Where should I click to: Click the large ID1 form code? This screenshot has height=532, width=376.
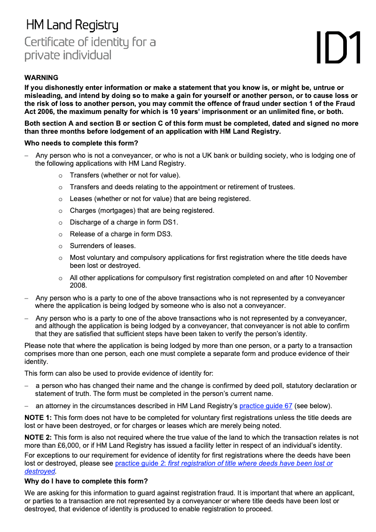[x=337, y=48]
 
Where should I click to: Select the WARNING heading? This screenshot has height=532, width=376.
[x=41, y=78]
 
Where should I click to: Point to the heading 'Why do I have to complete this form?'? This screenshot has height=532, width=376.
[x=86, y=481]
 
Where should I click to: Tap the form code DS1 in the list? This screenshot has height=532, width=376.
[x=169, y=222]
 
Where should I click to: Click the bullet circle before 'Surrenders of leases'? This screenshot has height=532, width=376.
[x=60, y=246]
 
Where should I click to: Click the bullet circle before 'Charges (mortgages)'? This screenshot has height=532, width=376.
[x=60, y=211]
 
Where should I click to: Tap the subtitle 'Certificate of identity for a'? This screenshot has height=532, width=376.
[x=90, y=42]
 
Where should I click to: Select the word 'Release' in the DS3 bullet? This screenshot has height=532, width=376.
[x=83, y=234]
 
